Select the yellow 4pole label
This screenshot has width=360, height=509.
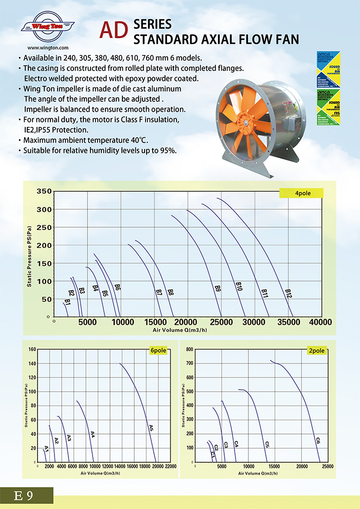click(301, 193)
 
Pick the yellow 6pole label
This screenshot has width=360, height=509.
click(158, 350)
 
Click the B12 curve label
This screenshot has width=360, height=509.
click(289, 293)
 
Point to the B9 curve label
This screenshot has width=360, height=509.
click(218, 289)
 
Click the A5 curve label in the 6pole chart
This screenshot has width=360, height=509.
click(151, 427)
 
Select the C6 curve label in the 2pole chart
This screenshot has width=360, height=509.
click(318, 441)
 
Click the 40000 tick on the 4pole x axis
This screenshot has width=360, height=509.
click(320, 322)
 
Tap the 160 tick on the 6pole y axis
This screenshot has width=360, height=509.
click(32, 350)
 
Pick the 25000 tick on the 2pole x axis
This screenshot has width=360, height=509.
click(327, 466)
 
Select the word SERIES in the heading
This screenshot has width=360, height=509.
click(152, 24)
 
